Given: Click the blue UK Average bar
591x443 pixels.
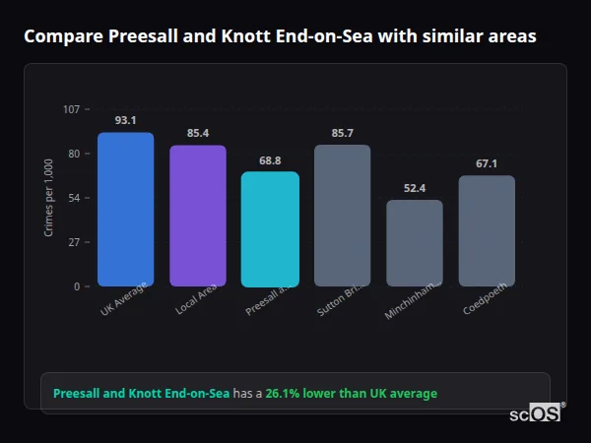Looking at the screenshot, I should click(125, 209).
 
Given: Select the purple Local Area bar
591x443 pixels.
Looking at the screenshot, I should click(198, 216).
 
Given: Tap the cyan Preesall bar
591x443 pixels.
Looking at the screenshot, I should click(270, 228).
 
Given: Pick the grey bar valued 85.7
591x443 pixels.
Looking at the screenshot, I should click(342, 216).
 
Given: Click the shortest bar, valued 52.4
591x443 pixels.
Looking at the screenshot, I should click(415, 243).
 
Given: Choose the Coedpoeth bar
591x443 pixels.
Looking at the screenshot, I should click(487, 230).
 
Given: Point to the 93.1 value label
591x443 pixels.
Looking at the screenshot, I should click(125, 120).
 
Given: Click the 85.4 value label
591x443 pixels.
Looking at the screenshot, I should click(198, 133).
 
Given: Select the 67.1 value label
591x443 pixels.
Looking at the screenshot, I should click(487, 163).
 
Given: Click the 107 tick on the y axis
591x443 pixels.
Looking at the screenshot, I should click(71, 109).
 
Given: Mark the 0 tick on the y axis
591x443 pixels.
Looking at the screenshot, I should click(76, 286).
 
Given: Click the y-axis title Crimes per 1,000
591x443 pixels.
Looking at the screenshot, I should click(48, 198).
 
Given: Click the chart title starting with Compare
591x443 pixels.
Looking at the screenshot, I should click(280, 36).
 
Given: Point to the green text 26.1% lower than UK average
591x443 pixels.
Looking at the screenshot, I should click(351, 394).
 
